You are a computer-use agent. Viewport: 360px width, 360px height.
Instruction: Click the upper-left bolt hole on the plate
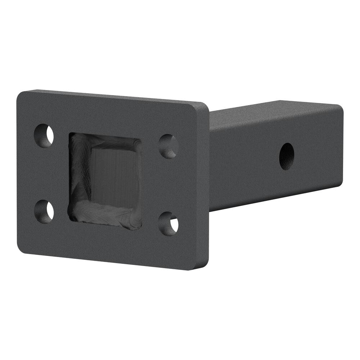pos(44,135)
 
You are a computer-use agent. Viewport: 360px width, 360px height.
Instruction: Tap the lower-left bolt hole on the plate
pos(44,211)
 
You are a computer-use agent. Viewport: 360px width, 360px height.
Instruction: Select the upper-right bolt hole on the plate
pos(168,146)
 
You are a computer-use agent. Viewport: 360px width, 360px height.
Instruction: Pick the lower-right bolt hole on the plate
pos(168,224)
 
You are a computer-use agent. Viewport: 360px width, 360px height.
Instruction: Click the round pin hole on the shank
pos(287,156)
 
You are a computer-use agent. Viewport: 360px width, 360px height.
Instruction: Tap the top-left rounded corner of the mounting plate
pos(22,95)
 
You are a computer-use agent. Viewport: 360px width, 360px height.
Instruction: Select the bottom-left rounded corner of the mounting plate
pos(22,248)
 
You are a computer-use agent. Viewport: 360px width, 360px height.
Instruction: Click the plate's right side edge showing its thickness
pos(205,187)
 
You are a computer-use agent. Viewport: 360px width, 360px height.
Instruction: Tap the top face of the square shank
pos(274,112)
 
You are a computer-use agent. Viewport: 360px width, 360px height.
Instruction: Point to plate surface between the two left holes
pos(44,174)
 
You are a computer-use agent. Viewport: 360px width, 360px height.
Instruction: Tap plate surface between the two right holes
pos(168,185)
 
